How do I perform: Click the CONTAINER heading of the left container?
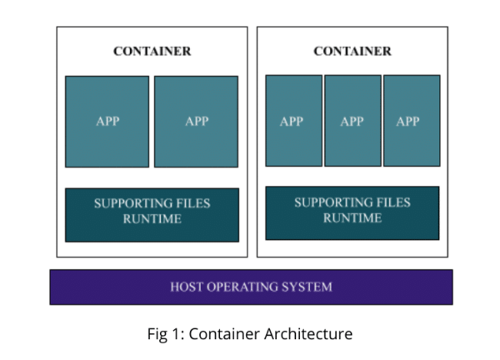(152, 51)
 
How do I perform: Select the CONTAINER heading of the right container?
(352, 51)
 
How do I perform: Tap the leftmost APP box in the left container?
(107, 122)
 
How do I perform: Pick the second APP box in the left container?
(197, 122)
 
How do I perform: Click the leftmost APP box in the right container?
(293, 121)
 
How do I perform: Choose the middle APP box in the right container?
(352, 121)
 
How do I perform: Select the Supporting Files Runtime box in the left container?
(152, 214)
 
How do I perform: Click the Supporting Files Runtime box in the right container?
(352, 211)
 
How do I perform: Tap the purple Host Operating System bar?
(251, 287)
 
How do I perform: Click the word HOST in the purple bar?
(187, 287)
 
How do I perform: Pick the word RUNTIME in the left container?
(152, 220)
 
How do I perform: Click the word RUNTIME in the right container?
(352, 217)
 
